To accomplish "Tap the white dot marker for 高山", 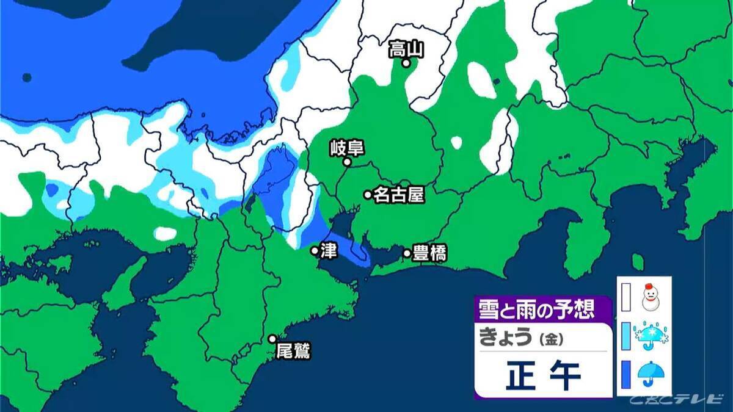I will (x=406, y=62).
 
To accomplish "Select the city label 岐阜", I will (x=346, y=148).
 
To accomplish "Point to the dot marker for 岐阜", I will (x=346, y=162).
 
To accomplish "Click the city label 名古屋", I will (x=399, y=195).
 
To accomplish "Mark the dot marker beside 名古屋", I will (x=368, y=195).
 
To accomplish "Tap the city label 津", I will (x=326, y=251).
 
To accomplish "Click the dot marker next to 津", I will (x=314, y=251).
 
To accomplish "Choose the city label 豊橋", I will (x=429, y=253).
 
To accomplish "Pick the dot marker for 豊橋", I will (x=407, y=253).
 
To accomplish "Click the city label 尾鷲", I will (x=293, y=352).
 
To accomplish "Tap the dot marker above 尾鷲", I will (x=272, y=339).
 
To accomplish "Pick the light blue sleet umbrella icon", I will (x=651, y=335).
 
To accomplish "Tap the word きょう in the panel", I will (x=506, y=338).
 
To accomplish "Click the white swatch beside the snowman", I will (x=625, y=296).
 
